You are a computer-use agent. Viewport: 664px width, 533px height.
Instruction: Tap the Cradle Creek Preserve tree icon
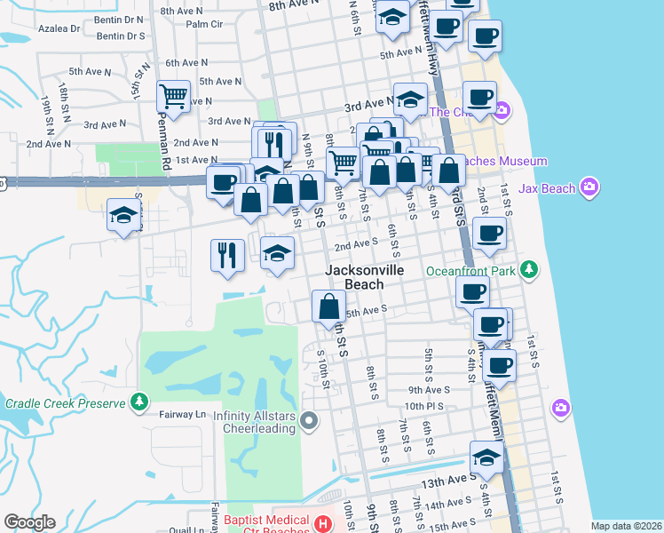pos(139,403)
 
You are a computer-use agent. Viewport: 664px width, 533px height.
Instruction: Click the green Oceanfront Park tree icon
pos(529,268)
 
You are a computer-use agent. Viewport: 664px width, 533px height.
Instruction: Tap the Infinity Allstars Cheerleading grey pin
pos(309,420)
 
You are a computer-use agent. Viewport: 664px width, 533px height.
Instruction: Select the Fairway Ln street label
pos(181,414)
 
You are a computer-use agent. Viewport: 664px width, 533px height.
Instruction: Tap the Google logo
pos(29,522)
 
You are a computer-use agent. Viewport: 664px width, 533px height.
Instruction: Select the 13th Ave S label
pos(443,481)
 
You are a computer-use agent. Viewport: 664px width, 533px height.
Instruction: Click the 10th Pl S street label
pos(423,406)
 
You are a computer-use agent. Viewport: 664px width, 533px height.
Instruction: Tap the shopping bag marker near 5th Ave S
pos(329,306)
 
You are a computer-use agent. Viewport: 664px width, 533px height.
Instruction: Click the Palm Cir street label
pos(203,24)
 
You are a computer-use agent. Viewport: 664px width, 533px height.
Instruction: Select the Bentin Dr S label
pos(120,36)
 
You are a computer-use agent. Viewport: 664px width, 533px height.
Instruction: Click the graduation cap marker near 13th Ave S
pos(486,457)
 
